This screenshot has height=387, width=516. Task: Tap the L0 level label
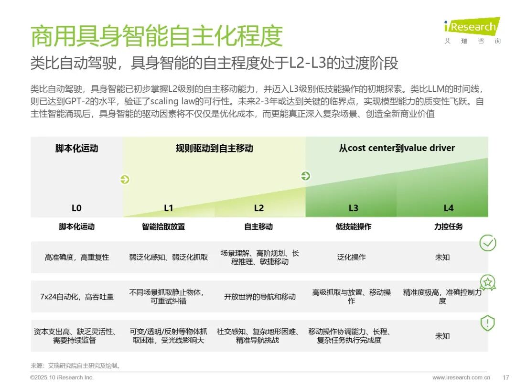pyautogui.click(x=76, y=208)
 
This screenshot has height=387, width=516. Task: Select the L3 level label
pyautogui.click(x=353, y=208)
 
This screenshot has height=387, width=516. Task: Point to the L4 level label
pyautogui.click(x=448, y=208)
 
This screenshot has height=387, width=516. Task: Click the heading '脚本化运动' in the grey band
pyautogui.click(x=76, y=148)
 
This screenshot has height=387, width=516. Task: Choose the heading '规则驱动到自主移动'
pyautogui.click(x=214, y=148)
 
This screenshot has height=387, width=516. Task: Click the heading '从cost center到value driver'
pyautogui.click(x=397, y=148)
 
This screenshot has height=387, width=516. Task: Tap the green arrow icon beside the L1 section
pyautogui.click(x=125, y=180)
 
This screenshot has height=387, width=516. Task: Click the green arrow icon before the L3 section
pyautogui.click(x=305, y=176)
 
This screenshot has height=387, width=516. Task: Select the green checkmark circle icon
pyautogui.click(x=487, y=243)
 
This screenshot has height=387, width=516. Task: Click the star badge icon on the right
pyautogui.click(x=487, y=283)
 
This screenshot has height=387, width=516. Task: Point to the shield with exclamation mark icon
pyautogui.click(x=487, y=323)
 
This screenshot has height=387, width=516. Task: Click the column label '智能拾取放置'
pyautogui.click(x=163, y=226)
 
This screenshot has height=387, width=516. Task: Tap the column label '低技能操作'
pyautogui.click(x=353, y=226)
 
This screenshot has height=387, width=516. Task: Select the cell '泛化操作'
pyautogui.click(x=351, y=257)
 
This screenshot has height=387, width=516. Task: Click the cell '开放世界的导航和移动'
pyautogui.click(x=260, y=297)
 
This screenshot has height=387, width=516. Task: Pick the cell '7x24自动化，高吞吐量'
pyautogui.click(x=77, y=297)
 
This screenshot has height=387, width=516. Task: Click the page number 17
pyautogui.click(x=506, y=377)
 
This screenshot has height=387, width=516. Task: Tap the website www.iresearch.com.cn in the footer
pyautogui.click(x=461, y=377)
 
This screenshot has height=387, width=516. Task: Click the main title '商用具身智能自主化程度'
pyautogui.click(x=157, y=36)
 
